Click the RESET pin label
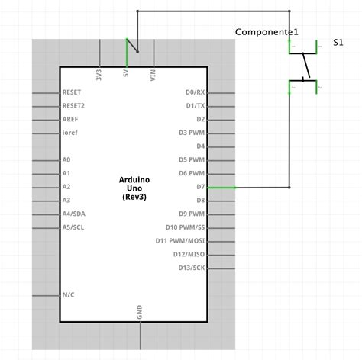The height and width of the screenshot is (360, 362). (73, 92)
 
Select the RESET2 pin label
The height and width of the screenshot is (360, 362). (74, 105)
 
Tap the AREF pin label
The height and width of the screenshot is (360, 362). (71, 119)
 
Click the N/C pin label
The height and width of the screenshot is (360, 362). (69, 294)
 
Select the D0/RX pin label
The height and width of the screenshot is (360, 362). (195, 92)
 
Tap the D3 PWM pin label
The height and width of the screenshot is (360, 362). (192, 133)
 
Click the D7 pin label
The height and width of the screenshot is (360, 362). (200, 187)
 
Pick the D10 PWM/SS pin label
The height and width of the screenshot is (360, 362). (185, 227)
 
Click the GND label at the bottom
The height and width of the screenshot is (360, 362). (140, 313)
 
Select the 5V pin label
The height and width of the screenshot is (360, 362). (127, 75)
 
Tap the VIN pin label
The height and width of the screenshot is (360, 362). (154, 76)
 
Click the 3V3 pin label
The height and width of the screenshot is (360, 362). (100, 76)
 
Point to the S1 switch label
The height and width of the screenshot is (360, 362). (338, 43)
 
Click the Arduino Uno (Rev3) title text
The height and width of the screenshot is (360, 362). (134, 188)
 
